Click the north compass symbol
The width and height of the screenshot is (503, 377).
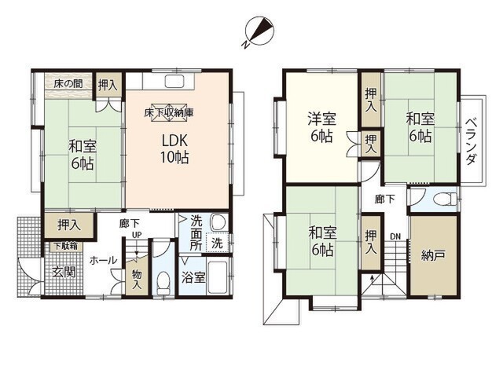259,31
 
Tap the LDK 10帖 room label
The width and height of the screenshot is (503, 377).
174,148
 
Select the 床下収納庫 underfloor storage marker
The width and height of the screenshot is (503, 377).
169,112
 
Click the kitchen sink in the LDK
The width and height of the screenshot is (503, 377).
174,82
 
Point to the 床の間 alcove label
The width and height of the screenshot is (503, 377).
68,84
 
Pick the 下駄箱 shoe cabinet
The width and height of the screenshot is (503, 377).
65,246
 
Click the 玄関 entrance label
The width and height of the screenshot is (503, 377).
64,273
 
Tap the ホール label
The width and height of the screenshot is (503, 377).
103,260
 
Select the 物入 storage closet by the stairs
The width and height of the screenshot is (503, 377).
137,278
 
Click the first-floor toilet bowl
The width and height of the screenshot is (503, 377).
163,283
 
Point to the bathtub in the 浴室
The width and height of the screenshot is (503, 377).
218,277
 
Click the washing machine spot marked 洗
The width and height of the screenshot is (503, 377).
217,242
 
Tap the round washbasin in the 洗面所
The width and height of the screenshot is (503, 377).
218,221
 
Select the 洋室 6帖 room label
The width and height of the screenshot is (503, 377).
321,127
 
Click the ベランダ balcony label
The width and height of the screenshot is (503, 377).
470,141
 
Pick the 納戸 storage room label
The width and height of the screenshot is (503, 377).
433,255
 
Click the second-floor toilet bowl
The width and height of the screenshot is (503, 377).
444,199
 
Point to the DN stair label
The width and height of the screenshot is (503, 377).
395,236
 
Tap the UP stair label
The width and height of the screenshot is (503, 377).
137,235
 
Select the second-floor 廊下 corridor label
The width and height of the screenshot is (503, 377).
384,199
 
